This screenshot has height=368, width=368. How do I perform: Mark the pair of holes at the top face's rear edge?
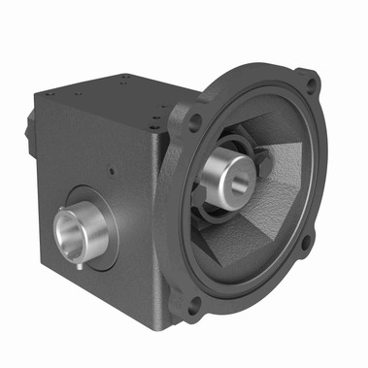pos(127,79)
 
